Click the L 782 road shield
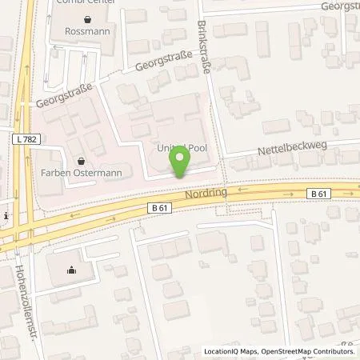26,139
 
